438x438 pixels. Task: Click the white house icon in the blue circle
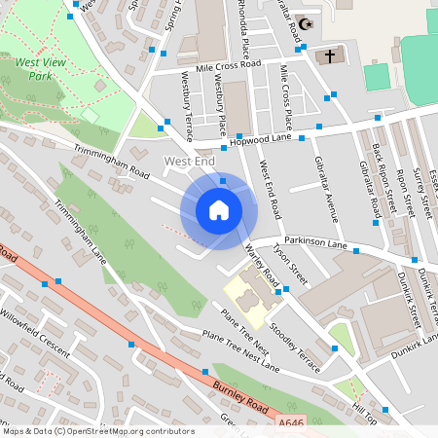[219, 208]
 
